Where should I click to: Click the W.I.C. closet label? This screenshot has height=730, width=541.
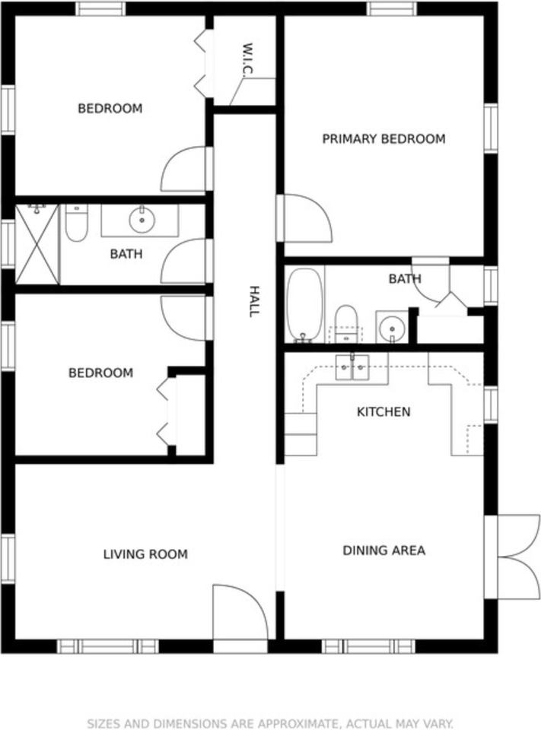247,59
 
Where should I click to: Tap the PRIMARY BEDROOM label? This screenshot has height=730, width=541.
383,138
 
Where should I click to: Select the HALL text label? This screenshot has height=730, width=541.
253,302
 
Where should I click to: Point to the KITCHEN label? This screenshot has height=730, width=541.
383,411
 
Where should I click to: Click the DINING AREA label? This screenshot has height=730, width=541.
384,551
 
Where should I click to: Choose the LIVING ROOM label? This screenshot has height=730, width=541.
145,554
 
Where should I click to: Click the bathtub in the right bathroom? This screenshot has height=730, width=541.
305,304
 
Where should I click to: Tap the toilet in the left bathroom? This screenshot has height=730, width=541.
76,223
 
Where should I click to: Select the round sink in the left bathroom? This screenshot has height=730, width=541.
142,220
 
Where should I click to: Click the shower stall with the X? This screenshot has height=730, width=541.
37,244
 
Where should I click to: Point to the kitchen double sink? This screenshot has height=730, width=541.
352,367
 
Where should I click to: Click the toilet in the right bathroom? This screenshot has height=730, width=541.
345,323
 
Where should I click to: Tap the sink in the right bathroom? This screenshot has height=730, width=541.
391,328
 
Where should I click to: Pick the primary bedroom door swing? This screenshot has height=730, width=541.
304,218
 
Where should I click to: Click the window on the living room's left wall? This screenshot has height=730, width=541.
8,558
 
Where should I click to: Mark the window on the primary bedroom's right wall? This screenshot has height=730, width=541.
491,128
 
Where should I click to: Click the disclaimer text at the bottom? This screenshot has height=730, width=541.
270,723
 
